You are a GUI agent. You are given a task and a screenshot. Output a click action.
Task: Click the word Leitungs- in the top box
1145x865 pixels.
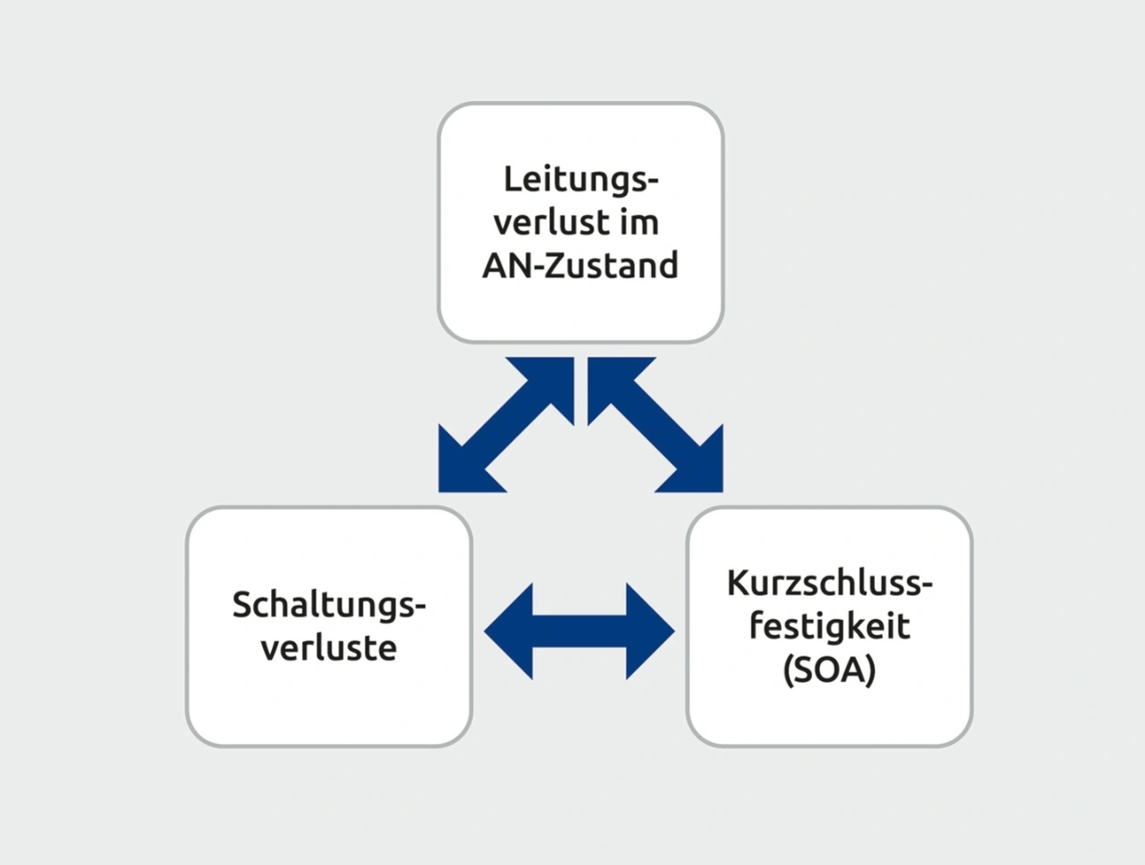pyautogui.click(x=580, y=179)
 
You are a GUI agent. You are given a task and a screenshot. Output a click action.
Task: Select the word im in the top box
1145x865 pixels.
pyautogui.click(x=639, y=222)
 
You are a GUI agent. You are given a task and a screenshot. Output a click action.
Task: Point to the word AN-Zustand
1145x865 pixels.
pyautogui.click(x=580, y=266)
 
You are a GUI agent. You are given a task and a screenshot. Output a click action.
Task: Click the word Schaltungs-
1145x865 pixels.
pyautogui.click(x=328, y=606)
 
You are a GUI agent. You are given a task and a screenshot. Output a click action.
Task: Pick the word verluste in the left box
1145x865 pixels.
pyautogui.click(x=328, y=648)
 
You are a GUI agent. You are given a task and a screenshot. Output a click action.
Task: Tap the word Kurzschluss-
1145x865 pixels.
pyautogui.click(x=829, y=583)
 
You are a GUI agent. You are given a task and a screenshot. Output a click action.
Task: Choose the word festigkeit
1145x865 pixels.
pyautogui.click(x=829, y=625)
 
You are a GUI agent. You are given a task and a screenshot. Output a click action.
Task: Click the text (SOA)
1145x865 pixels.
pyautogui.click(x=829, y=669)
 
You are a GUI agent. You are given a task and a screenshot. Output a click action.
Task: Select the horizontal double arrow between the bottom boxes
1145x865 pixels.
pyautogui.click(x=579, y=631)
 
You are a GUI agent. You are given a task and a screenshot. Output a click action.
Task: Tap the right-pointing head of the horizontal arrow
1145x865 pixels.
pyautogui.click(x=649, y=631)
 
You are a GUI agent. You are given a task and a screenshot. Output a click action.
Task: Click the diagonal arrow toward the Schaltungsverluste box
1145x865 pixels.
pyautogui.click(x=505, y=425)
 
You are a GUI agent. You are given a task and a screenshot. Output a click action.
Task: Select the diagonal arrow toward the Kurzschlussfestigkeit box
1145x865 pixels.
pyautogui.click(x=655, y=425)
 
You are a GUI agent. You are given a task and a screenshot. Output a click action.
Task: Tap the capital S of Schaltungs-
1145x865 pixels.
pyautogui.click(x=242, y=606)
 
